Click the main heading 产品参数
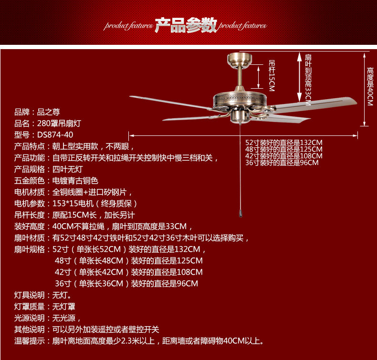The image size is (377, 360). (x=186, y=26)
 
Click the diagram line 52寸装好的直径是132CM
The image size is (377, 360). (x=284, y=143)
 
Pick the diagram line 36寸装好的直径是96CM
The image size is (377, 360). (x=282, y=163)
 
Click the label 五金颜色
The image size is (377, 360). (x=30, y=181)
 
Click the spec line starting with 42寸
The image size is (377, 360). (x=129, y=272)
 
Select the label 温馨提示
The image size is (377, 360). (x=30, y=341)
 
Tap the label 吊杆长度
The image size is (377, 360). (x=30, y=215)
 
